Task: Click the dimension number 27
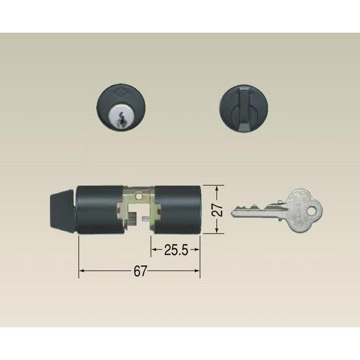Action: point(217,209)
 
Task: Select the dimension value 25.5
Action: point(176,250)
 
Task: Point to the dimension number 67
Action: point(140,271)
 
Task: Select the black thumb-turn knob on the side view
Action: point(63,209)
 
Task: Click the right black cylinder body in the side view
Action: point(177,209)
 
